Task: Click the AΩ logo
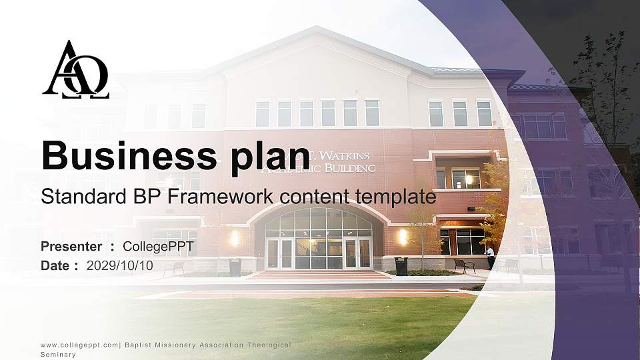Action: [75, 70]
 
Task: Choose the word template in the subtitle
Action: [396, 197]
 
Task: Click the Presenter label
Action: [71, 247]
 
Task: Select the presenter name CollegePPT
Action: [159, 247]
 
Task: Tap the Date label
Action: [55, 265]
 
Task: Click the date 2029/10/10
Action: [120, 265]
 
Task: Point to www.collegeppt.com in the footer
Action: [79, 345]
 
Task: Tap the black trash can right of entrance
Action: [401, 266]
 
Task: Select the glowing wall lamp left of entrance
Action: [234, 237]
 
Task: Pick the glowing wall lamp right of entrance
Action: [403, 236]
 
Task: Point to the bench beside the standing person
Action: [465, 265]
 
